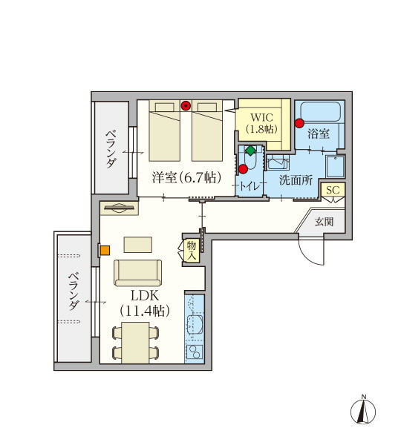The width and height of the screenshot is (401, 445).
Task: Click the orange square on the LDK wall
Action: click(x=105, y=251)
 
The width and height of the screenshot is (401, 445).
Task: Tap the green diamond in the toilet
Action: click(x=250, y=151)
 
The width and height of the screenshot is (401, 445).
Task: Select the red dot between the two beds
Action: click(x=186, y=106)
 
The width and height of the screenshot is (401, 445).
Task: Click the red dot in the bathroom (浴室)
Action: click(x=299, y=123)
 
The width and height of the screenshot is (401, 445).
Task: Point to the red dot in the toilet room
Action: click(x=244, y=169)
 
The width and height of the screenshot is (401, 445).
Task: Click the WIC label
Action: click(x=261, y=117)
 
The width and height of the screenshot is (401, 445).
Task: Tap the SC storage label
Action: click(x=333, y=190)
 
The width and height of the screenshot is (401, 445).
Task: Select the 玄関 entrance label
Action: click(x=324, y=222)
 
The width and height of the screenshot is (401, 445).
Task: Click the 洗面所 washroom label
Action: click(x=296, y=180)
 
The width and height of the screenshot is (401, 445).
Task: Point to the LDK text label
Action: click(x=145, y=296)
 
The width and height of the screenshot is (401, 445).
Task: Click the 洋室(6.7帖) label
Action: click(x=186, y=178)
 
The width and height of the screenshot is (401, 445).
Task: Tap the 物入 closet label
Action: click(x=192, y=251)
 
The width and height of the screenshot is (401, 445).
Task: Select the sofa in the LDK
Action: click(x=138, y=273)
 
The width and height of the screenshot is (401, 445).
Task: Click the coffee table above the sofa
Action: click(x=138, y=245)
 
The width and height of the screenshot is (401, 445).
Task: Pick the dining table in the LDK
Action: click(x=136, y=343)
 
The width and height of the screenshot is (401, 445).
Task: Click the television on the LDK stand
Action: click(x=120, y=208)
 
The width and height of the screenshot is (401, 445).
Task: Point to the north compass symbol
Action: click(x=363, y=410)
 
